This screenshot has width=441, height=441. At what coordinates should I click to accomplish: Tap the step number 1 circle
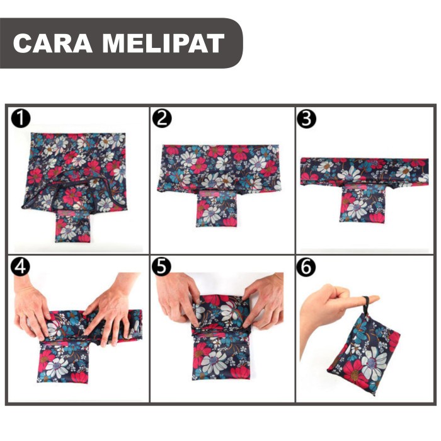click(x=21, y=118)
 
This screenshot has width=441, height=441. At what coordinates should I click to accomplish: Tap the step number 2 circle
click(x=163, y=118)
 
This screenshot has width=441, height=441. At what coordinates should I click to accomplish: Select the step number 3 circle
click(x=307, y=118)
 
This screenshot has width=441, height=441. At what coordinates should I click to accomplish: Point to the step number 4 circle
click(x=21, y=267)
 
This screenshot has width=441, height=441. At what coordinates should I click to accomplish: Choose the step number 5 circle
click(x=163, y=267)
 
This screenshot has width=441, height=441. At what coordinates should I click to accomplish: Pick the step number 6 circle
click(x=307, y=267)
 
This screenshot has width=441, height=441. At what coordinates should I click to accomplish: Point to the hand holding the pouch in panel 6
click(x=328, y=309)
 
